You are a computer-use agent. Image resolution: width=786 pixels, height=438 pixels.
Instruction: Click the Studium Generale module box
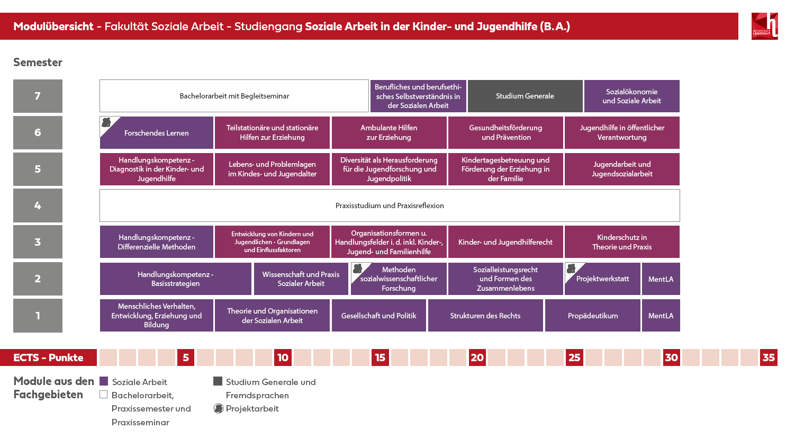coord(525,96)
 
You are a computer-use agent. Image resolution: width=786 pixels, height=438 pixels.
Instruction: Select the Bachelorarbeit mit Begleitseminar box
coord(234,96)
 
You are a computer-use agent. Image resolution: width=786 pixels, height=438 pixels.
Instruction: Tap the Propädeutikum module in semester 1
coord(593,316)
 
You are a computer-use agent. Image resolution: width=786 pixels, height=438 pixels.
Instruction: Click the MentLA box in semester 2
coord(661,279)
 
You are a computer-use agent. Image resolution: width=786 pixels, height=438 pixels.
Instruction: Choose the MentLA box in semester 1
coord(661,316)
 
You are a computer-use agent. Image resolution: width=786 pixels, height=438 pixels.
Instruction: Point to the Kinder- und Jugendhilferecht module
coord(505,242)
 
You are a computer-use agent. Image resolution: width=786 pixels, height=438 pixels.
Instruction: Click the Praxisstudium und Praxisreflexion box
coord(390,205)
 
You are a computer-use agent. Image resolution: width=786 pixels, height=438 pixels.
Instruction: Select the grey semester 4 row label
coord(38,205)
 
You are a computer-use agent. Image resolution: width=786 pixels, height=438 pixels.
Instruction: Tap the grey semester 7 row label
coord(38,96)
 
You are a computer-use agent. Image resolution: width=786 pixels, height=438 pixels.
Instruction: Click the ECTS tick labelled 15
coord(380,357)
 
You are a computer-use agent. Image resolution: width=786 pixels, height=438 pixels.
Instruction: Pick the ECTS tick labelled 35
coord(769,357)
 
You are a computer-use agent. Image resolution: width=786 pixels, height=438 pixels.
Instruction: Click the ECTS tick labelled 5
coord(186,357)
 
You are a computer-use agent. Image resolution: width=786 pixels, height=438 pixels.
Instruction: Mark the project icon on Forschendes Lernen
coord(106,122)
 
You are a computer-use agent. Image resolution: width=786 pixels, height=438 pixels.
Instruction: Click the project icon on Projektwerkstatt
coord(571,269)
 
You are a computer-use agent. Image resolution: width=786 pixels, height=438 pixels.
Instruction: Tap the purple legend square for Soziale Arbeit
coord(104,381)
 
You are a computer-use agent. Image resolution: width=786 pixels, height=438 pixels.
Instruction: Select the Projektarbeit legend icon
coord(218,408)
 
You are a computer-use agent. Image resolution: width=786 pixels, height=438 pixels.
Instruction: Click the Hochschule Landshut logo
coord(765,26)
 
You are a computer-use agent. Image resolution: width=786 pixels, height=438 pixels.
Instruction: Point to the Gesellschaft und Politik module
coord(378,316)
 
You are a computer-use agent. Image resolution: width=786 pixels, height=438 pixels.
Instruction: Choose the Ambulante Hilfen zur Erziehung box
coord(389,132)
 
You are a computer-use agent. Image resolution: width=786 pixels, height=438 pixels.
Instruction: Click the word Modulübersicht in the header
coord(53,26)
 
